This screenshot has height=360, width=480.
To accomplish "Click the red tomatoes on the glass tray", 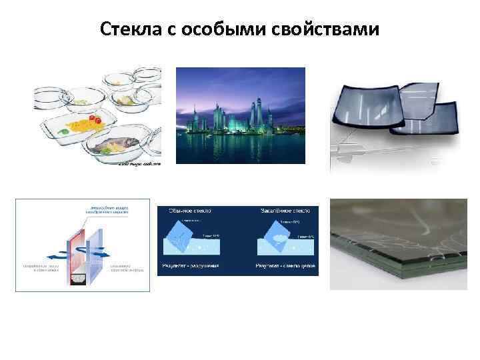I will tap(95, 121).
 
